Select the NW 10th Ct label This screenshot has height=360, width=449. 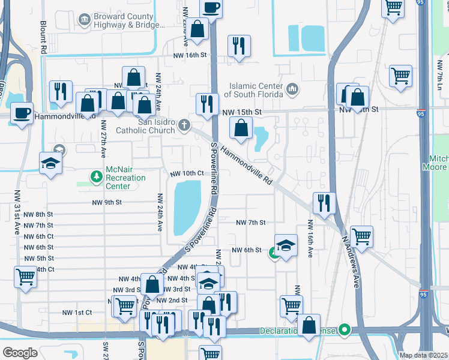click(x=187, y=173)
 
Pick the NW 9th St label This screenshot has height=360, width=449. click(x=107, y=203)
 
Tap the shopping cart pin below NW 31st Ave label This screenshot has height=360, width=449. click(x=25, y=277)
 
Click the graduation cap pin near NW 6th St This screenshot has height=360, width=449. click(x=286, y=245)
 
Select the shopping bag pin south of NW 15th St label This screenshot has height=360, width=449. click(x=241, y=128)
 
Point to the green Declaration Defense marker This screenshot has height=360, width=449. click(x=344, y=329)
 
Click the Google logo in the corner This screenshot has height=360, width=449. click(x=20, y=352)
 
